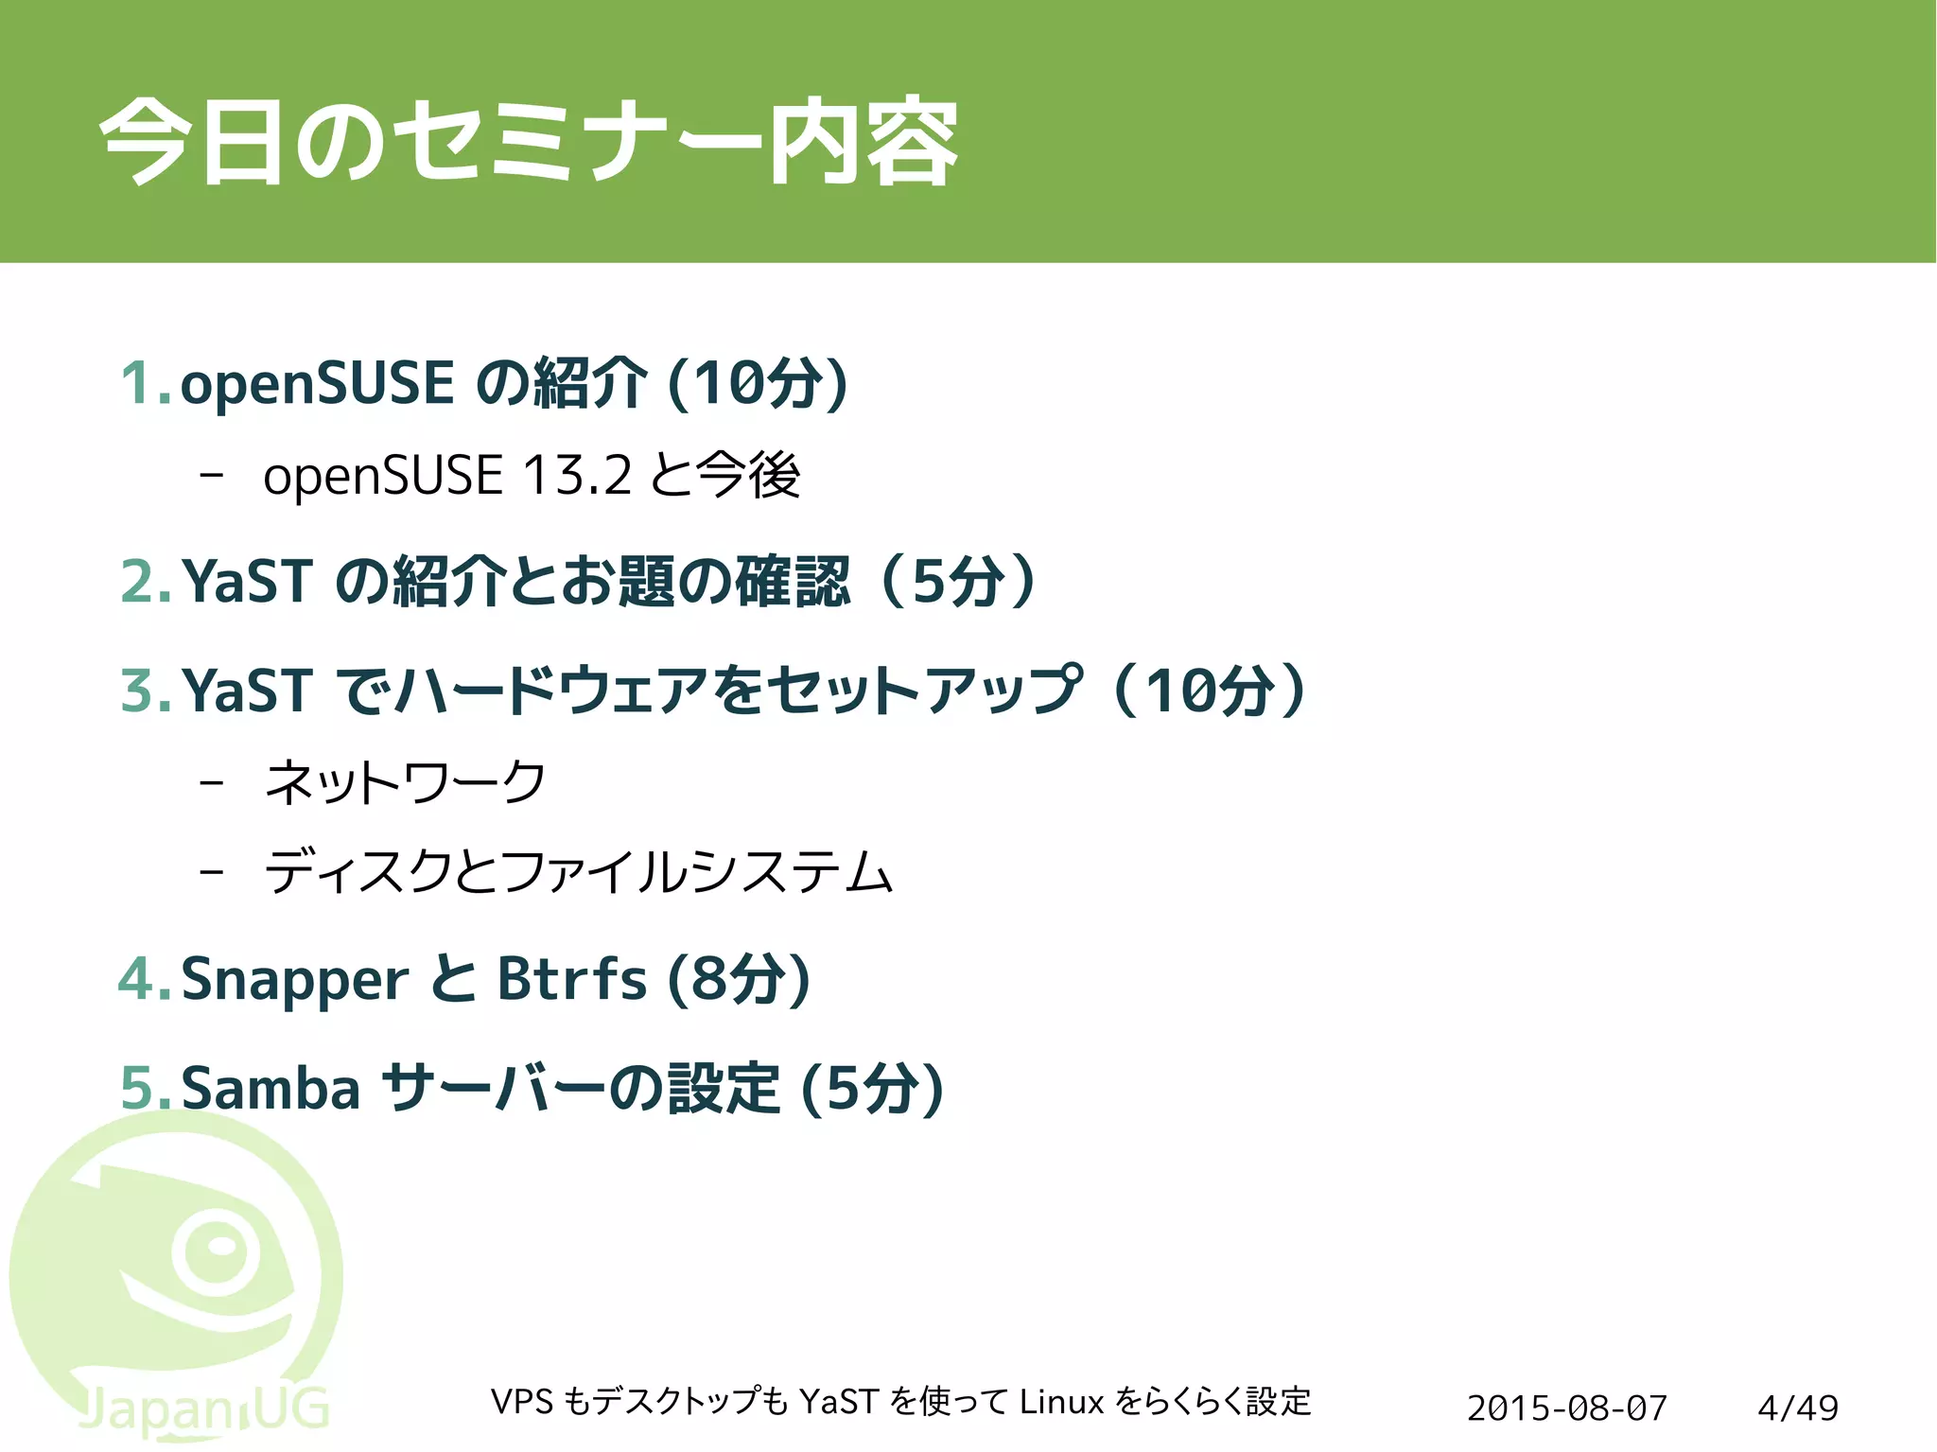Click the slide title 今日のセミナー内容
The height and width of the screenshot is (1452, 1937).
[x=529, y=142]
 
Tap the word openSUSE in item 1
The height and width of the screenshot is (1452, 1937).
[x=317, y=383]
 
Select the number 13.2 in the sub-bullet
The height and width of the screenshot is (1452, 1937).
[x=577, y=475]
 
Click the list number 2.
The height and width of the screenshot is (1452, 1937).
[x=147, y=581]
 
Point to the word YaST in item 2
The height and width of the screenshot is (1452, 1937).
[x=247, y=581]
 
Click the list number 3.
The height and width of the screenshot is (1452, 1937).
[x=147, y=690]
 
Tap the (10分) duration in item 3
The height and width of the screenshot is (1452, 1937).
[x=1211, y=690]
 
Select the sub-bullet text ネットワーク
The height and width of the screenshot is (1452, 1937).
[x=406, y=782]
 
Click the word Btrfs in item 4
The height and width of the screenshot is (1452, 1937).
[x=572, y=978]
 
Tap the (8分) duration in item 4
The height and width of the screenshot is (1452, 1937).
[x=739, y=978]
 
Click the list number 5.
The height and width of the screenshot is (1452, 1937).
[x=147, y=1088]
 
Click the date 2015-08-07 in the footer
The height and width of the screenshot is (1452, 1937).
[x=1566, y=1408]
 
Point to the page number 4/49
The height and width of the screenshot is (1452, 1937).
[x=1797, y=1408]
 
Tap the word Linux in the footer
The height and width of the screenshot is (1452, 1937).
[x=1061, y=1401]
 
